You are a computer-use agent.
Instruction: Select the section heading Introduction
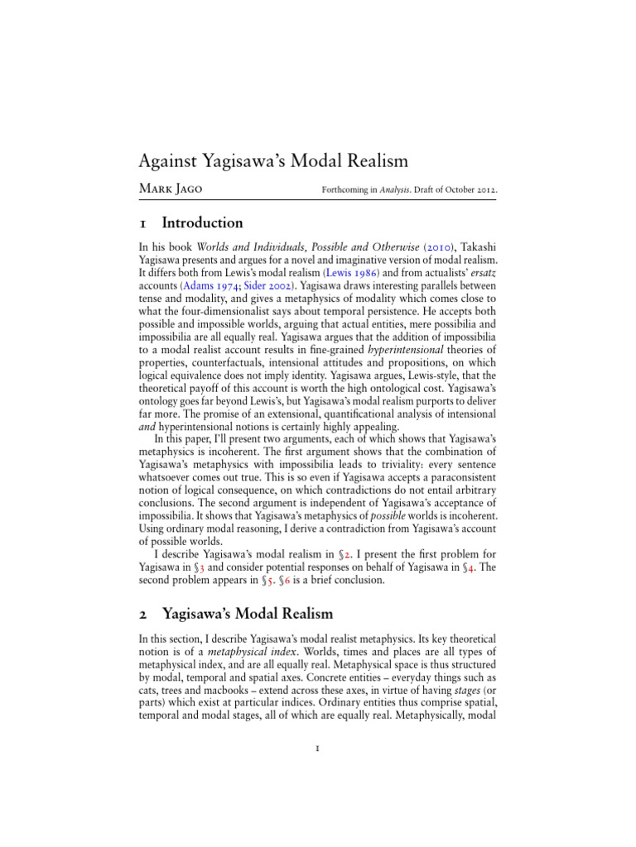pyautogui.click(x=202, y=223)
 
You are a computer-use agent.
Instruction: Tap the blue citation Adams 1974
pyautogui.click(x=210, y=287)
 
